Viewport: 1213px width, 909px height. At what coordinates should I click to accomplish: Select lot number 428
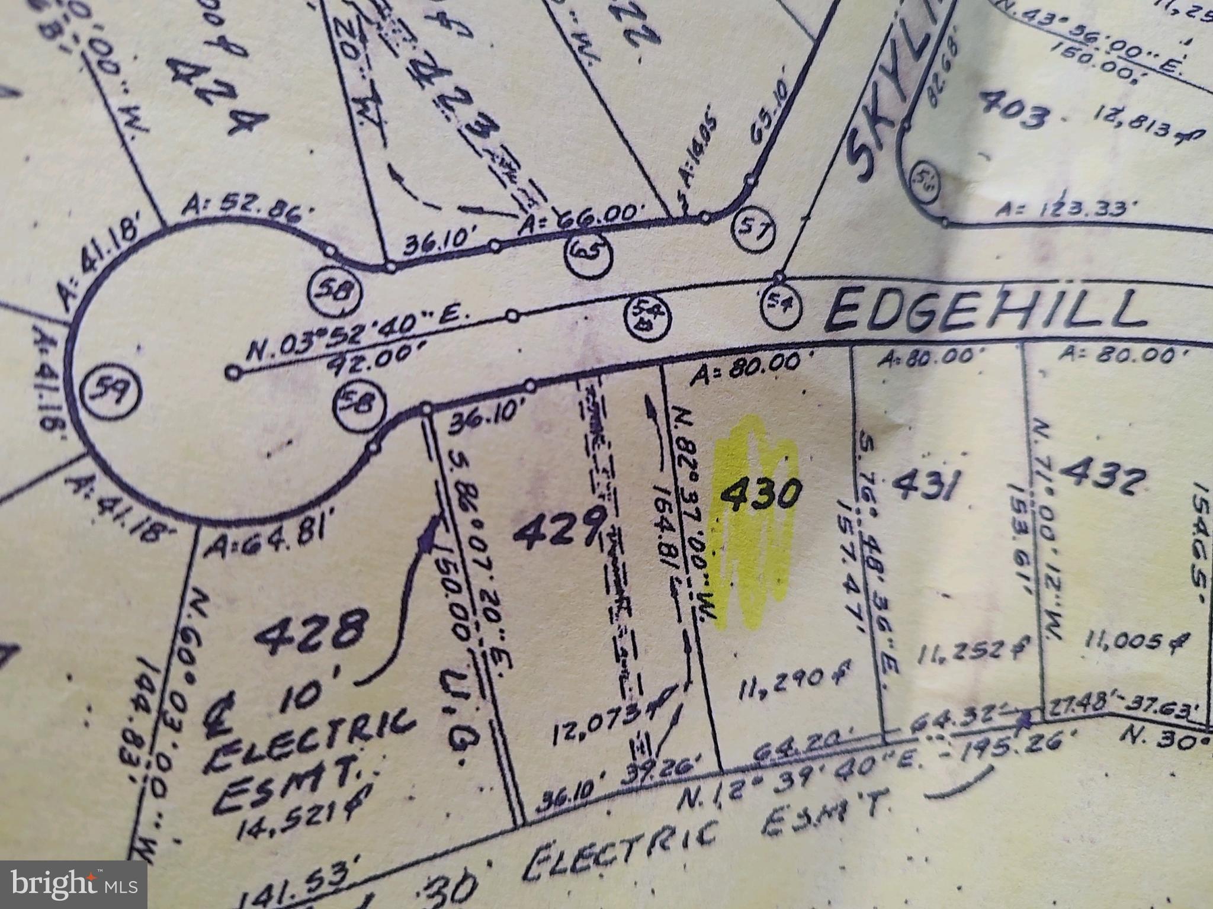(309, 633)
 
